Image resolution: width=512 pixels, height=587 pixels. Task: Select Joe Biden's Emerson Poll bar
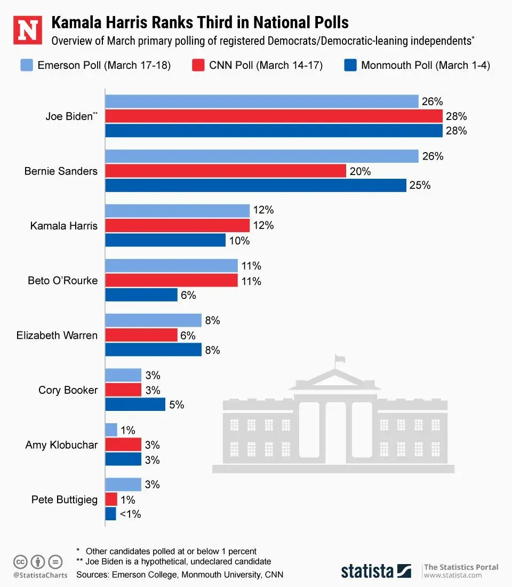coord(261,101)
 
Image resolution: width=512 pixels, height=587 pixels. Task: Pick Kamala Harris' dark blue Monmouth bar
coord(165,240)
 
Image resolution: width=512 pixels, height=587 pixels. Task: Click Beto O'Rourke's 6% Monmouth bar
coord(141,295)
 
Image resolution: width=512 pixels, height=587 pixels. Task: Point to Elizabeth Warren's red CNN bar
coord(141,335)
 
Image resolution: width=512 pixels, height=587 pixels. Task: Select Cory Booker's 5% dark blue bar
coord(135,404)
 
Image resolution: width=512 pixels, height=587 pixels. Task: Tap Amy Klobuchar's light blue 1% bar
coord(111,430)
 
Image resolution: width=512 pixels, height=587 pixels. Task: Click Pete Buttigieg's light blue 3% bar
coord(123,485)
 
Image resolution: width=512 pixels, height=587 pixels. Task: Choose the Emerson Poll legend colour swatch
coord(27,66)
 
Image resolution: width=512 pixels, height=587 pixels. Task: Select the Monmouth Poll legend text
coord(426,66)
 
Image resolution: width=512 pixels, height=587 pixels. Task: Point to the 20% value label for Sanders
coord(361,171)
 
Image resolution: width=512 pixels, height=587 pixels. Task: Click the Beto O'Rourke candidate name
coord(62,280)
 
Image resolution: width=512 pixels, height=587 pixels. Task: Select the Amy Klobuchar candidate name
coord(61,445)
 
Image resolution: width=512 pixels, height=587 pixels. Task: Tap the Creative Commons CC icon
coord(20,561)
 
